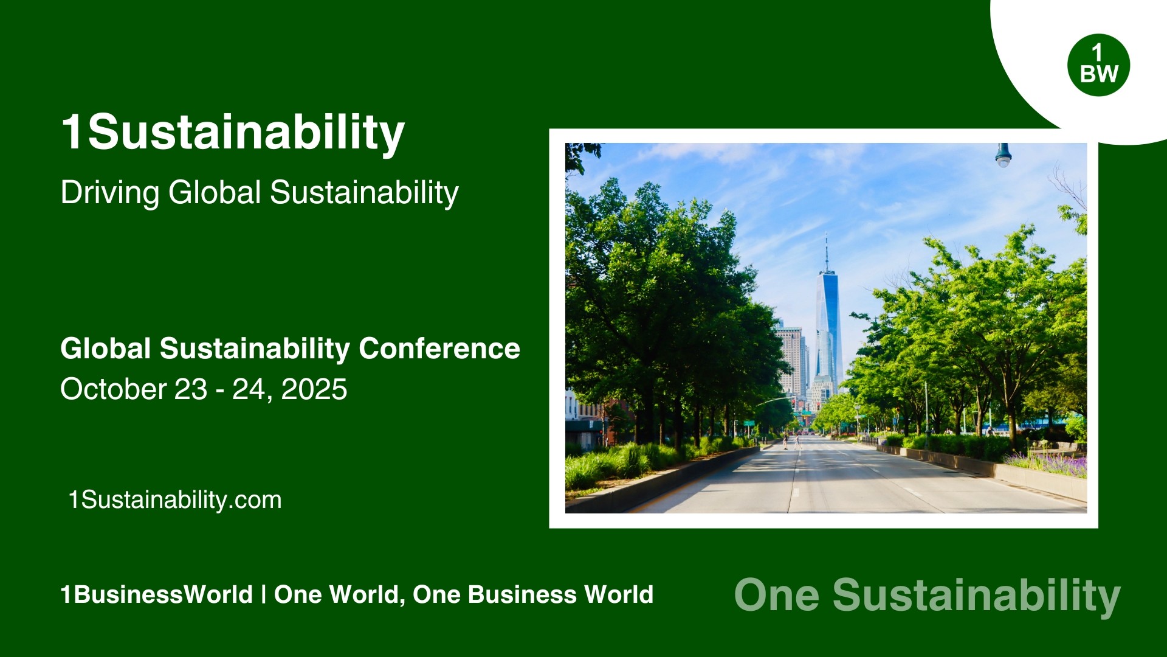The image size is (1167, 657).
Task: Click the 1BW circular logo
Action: pyautogui.click(x=1098, y=65)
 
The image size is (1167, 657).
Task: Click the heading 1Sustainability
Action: pyautogui.click(x=233, y=132)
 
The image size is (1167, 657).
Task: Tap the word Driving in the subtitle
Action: pyautogui.click(x=110, y=193)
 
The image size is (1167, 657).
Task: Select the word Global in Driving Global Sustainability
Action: pyautogui.click(x=215, y=193)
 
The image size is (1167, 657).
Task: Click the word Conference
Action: pyautogui.click(x=439, y=349)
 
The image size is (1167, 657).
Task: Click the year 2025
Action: pyautogui.click(x=314, y=389)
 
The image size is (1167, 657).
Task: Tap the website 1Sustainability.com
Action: pyautogui.click(x=175, y=500)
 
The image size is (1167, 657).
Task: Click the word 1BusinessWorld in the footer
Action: pyautogui.click(x=156, y=594)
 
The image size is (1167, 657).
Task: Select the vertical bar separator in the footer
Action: pyautogui.click(x=263, y=594)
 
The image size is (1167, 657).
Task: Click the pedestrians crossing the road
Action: pyautogui.click(x=791, y=442)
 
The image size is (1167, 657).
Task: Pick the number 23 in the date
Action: pyautogui.click(x=190, y=389)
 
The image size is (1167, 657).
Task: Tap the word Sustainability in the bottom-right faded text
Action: pyautogui.click(x=976, y=595)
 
